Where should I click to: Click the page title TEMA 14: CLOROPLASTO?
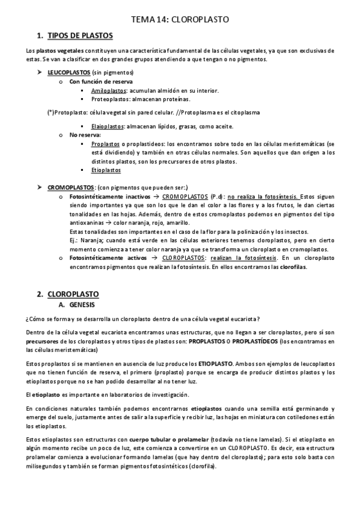tap(180, 19)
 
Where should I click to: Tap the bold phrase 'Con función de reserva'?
tap(101, 81)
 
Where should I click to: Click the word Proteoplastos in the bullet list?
tap(111, 99)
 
